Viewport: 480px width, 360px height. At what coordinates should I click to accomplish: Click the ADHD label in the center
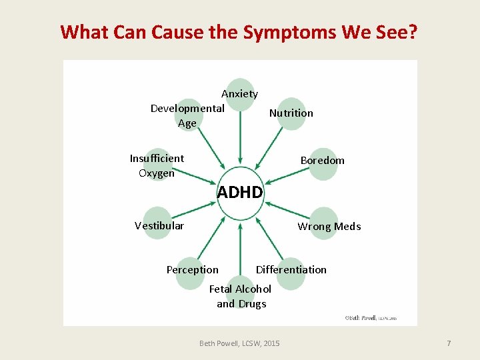pos(240,193)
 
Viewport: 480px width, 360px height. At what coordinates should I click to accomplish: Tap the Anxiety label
pos(239,94)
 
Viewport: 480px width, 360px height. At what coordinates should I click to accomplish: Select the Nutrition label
pos(291,113)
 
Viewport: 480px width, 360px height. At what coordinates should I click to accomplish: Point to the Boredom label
pos(322,160)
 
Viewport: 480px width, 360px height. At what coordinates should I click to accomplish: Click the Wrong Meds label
pos(329,227)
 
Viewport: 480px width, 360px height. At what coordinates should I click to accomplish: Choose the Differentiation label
pos(291,269)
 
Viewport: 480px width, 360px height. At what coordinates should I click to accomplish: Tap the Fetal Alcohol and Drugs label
pos(240,296)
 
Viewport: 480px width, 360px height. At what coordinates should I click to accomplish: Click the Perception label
pos(192,269)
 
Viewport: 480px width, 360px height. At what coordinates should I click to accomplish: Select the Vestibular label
pos(159,225)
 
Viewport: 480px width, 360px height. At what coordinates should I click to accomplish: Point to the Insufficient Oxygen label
pos(157,165)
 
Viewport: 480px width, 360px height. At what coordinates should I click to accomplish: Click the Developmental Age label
pos(187,115)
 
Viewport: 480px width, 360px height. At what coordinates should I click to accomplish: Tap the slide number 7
pos(449,343)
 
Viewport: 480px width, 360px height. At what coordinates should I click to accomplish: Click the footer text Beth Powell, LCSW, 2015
pos(239,343)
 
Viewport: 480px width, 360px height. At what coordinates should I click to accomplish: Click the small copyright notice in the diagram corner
pos(371,318)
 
